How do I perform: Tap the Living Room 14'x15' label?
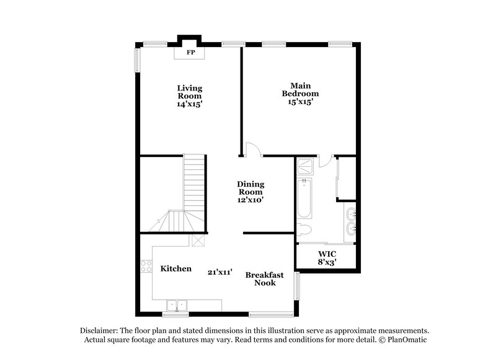click(190, 96)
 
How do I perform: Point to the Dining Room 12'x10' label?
click(251, 192)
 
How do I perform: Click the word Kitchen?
click(175, 269)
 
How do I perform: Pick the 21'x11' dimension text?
click(220, 271)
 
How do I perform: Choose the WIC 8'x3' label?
click(327, 258)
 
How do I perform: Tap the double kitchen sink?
click(177, 305)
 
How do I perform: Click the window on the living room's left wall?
click(137, 60)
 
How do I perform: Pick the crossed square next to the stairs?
click(198, 241)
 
